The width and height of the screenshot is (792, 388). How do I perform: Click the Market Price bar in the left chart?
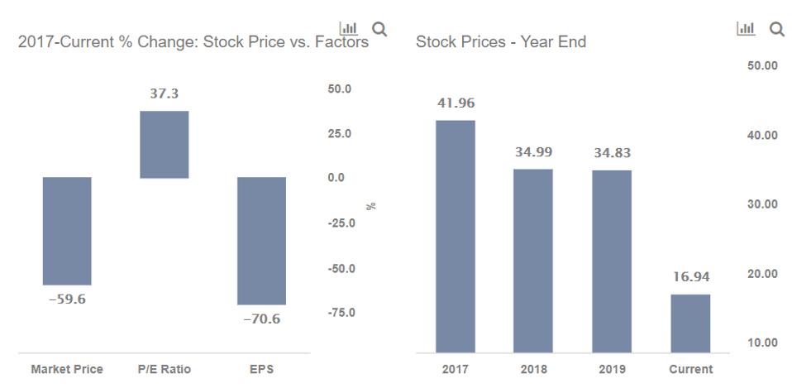(x=67, y=231)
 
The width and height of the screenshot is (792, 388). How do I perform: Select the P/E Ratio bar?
(x=164, y=145)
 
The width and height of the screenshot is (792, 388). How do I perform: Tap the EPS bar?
(x=261, y=241)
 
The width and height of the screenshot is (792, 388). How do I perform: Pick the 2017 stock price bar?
(x=455, y=237)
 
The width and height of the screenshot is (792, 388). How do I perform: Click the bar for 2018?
(x=532, y=261)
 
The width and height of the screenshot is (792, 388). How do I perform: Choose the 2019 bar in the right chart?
(x=611, y=261)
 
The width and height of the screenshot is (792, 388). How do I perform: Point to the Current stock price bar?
(x=689, y=323)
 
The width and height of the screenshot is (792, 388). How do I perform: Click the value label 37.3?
(x=164, y=94)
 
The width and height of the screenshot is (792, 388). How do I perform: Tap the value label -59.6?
(x=67, y=299)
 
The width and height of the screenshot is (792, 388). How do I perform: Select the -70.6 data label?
(x=261, y=319)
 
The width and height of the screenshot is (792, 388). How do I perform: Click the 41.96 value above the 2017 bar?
(x=455, y=103)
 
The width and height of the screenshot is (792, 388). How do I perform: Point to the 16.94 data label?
(x=689, y=277)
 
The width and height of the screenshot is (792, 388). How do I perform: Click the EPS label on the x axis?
(x=261, y=370)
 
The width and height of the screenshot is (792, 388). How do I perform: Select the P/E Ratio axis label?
(x=164, y=370)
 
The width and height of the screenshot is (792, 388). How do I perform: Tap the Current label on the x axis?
(x=689, y=370)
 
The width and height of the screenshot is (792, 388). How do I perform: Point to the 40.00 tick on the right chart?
(x=761, y=136)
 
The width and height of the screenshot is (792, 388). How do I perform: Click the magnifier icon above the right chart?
(x=776, y=30)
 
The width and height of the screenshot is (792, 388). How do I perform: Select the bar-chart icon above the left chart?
(x=349, y=30)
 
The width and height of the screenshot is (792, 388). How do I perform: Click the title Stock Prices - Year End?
(x=501, y=42)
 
